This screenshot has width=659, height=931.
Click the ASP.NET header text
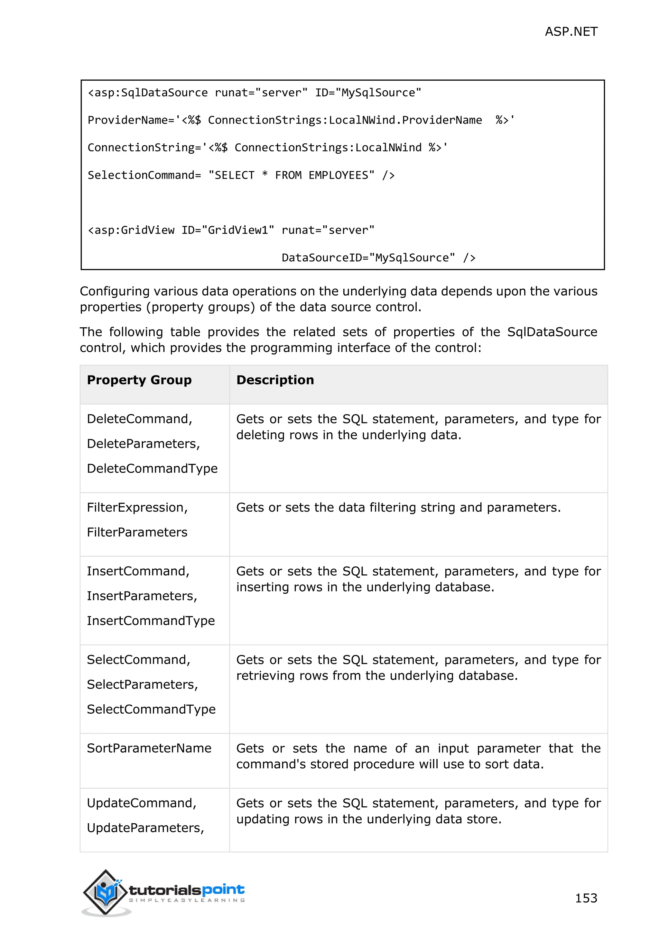(x=571, y=32)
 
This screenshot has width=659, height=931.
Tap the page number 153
(x=586, y=898)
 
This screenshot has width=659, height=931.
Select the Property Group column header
(x=139, y=380)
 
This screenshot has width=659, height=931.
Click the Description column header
(x=275, y=380)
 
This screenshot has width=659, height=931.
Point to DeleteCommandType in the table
(x=152, y=468)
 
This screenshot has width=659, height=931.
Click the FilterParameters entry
(x=137, y=532)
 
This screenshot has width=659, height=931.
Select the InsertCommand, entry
(x=138, y=571)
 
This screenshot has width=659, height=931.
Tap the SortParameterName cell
(x=149, y=748)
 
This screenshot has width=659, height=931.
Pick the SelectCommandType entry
(x=151, y=709)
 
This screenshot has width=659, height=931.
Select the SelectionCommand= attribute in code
(x=144, y=175)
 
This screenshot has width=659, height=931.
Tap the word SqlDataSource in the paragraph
(x=552, y=332)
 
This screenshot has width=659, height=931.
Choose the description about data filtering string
(x=398, y=508)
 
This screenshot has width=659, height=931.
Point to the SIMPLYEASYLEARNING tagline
(x=187, y=900)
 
